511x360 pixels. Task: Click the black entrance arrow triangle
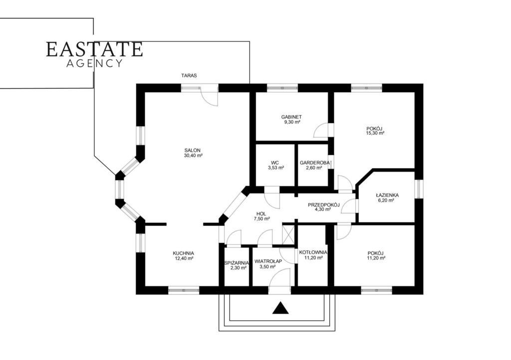click(x=280, y=309)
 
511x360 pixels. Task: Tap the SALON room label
click(x=192, y=151)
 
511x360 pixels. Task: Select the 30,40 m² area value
click(x=193, y=156)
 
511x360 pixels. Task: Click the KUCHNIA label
click(x=184, y=253)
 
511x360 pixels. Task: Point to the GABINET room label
click(x=291, y=117)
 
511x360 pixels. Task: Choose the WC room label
click(x=274, y=163)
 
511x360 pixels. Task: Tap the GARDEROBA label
click(x=313, y=163)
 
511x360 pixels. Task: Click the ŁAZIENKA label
click(x=387, y=195)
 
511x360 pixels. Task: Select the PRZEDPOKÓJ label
click(x=324, y=205)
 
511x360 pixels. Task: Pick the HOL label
click(x=261, y=214)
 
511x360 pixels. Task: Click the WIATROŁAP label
click(x=268, y=261)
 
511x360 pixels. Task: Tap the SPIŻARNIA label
click(x=237, y=263)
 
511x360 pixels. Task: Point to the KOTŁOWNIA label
click(x=313, y=252)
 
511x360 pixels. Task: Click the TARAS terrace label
click(x=189, y=75)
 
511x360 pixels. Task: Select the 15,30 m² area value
click(x=375, y=133)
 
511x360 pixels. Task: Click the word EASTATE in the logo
click(x=94, y=49)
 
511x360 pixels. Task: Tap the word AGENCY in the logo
click(x=94, y=63)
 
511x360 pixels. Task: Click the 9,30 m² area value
click(x=291, y=122)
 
